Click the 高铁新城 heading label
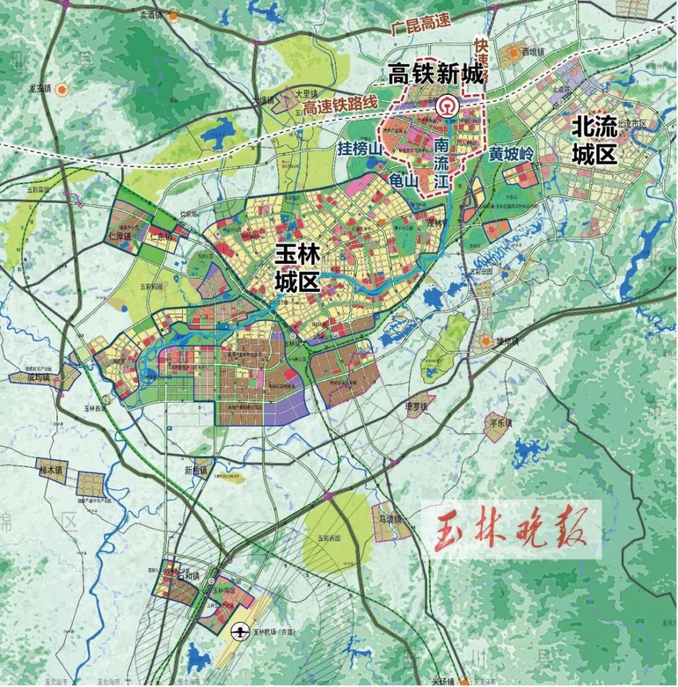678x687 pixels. point(436,74)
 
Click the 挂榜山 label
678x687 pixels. point(359,148)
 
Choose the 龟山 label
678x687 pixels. point(403,180)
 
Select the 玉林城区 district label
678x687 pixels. point(297,268)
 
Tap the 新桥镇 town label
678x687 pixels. point(195,471)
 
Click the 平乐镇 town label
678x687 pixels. point(500,423)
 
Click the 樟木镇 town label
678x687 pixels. point(50,471)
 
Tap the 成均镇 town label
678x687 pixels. point(39,378)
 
